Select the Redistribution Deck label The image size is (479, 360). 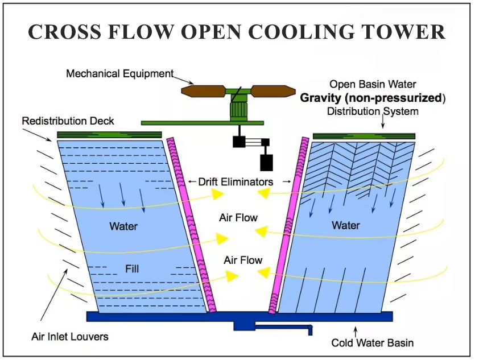68,121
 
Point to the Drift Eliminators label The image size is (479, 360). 236,182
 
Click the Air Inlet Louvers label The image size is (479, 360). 69,337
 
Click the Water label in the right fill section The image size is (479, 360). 345,226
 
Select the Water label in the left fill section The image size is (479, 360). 123,226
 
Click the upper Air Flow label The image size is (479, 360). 238,218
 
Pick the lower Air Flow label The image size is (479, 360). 243,260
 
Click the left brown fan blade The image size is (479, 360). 202,90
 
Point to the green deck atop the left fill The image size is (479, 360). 109,135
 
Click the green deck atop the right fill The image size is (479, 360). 364,136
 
